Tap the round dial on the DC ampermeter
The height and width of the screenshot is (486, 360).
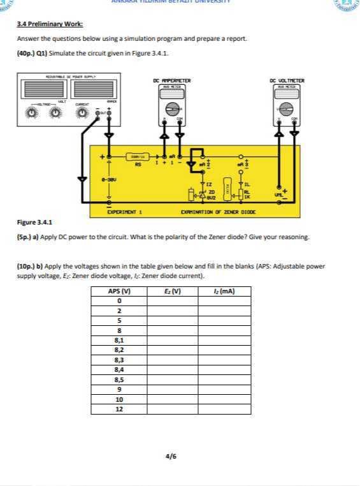click(171, 108)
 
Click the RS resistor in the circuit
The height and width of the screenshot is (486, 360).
click(137, 156)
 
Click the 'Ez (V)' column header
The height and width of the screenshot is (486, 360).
click(172, 291)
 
